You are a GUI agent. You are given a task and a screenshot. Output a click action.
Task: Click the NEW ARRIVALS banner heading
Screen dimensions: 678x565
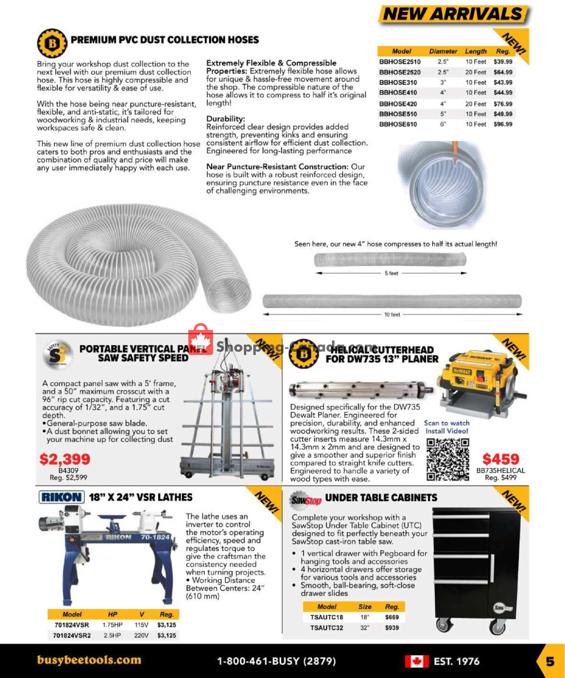click(453, 14)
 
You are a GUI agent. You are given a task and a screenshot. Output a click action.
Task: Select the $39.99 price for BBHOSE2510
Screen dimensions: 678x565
click(503, 62)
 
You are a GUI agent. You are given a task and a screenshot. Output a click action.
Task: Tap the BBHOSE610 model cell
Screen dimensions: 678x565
click(398, 124)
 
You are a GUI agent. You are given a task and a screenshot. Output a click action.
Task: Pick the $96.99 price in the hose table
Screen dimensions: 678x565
click(503, 124)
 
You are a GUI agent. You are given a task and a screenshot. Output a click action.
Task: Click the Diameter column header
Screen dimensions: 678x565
click(443, 51)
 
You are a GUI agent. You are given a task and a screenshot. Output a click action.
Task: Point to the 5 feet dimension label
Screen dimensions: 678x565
click(391, 273)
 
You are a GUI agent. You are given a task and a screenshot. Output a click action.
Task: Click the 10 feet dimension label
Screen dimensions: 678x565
click(392, 315)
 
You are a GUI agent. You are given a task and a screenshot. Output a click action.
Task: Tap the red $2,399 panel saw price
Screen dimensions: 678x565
click(65, 459)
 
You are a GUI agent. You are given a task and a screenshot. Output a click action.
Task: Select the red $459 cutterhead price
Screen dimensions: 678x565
click(500, 459)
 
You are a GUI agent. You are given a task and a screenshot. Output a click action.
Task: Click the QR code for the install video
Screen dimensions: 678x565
click(448, 460)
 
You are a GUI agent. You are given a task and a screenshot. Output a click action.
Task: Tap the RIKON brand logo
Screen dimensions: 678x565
click(61, 497)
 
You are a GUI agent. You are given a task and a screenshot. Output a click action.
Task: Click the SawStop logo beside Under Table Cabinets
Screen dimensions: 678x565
click(306, 499)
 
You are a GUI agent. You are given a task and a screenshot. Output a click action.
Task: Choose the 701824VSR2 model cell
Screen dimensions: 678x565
click(72, 636)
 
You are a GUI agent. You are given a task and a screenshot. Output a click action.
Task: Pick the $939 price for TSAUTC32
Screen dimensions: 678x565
click(392, 628)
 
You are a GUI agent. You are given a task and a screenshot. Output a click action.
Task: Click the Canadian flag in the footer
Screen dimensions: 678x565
click(417, 662)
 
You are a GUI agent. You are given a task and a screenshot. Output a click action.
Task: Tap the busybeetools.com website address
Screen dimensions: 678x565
click(89, 660)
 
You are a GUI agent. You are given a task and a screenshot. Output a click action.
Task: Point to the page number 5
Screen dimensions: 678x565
click(550, 662)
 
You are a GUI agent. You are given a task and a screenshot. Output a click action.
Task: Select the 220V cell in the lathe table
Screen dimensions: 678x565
click(141, 636)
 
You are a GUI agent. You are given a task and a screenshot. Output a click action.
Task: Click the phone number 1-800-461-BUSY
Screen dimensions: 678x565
click(276, 661)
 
